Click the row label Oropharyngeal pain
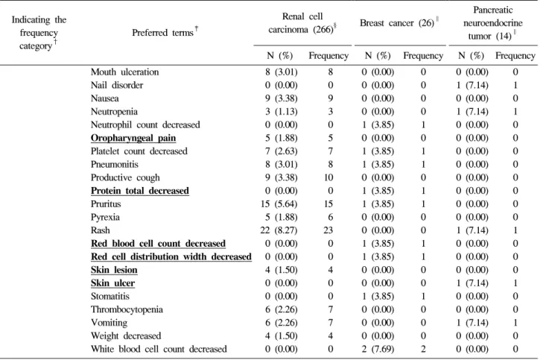tap(133, 138)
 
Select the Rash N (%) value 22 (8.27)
tap(279, 230)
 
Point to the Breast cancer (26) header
tap(399, 23)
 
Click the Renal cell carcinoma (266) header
tap(302, 23)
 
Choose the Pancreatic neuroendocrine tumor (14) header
tap(493, 23)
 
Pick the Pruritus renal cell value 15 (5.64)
tap(279, 204)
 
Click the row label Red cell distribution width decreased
tap(171, 256)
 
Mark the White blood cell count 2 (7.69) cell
tap(378, 350)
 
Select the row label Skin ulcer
tap(112, 283)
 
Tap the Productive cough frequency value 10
tap(328, 177)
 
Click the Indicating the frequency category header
tap(39, 33)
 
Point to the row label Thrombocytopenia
tap(127, 309)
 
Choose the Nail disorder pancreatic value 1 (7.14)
tap(472, 85)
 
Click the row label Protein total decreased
tap(140, 191)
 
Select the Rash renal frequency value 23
tap(328, 230)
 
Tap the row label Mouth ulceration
tap(124, 72)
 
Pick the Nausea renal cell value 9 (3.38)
tap(282, 98)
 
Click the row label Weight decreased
tap(126, 336)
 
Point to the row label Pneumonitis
tap(114, 165)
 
